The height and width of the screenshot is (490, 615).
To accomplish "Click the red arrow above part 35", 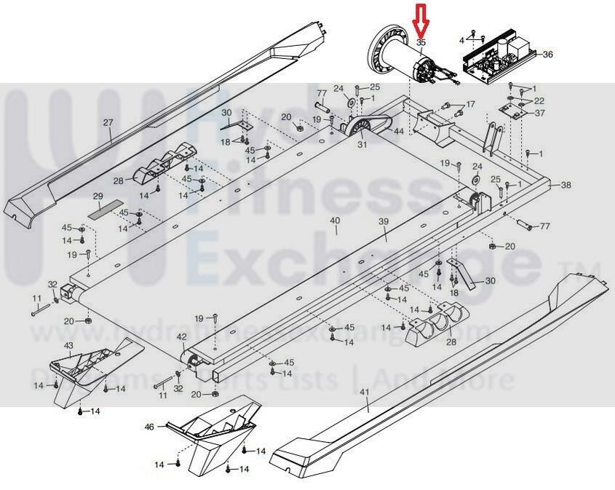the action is coord(421,19).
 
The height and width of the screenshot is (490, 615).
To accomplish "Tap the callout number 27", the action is coord(108,122).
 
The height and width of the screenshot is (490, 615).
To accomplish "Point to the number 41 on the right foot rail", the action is coord(365,393).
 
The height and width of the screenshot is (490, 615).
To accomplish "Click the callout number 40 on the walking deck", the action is coord(335,221).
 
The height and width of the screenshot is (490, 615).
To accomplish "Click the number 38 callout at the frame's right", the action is coord(566,186).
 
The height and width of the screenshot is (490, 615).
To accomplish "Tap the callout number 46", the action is coord(149,427).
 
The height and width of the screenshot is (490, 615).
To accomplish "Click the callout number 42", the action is coord(182,336).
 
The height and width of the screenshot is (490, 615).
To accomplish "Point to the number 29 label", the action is coord(98,197).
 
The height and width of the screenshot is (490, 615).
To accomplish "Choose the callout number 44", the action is coord(398,131).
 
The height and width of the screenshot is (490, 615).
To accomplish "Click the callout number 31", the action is coord(362,144).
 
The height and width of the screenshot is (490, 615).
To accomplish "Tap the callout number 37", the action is coord(539,113).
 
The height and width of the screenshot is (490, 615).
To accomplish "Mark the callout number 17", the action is coord(470,104).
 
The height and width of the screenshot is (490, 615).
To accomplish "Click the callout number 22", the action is coord(539,100).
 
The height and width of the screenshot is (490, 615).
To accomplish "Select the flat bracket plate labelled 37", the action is coord(515,109).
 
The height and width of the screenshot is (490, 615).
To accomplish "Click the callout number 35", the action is coord(421,43).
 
